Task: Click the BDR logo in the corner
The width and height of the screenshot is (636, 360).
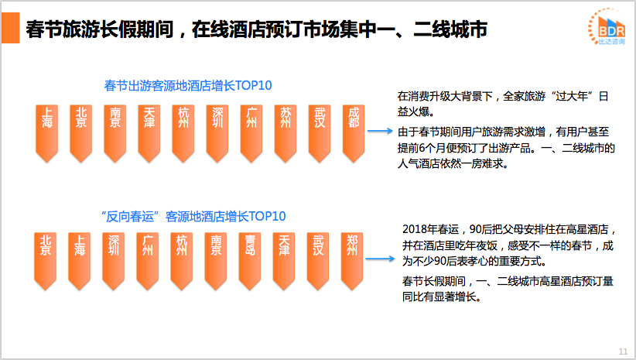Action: click(x=607, y=26)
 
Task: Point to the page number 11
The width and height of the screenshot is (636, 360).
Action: click(x=623, y=351)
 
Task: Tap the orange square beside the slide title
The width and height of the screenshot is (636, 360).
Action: click(x=10, y=28)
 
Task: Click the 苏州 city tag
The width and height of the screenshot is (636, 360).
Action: click(x=286, y=133)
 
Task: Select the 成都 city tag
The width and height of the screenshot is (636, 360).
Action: click(x=354, y=133)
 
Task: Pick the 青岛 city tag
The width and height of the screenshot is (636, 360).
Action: click(x=250, y=262)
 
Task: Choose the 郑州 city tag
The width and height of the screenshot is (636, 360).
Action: click(x=352, y=262)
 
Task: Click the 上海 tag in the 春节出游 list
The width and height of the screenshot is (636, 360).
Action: click(x=47, y=133)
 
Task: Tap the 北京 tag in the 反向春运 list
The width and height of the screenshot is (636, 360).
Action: click(x=46, y=262)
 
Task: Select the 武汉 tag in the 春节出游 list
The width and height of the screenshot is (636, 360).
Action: click(x=320, y=133)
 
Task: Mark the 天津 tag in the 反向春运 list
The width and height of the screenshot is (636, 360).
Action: click(x=284, y=262)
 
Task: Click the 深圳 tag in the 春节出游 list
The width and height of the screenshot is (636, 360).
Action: click(x=217, y=133)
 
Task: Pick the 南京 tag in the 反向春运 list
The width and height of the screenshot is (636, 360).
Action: click(x=216, y=262)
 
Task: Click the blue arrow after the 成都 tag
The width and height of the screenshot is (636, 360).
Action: click(x=380, y=131)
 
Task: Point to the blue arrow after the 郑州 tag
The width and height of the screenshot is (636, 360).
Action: click(x=380, y=259)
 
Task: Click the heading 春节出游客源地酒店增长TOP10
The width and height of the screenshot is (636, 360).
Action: click(x=188, y=86)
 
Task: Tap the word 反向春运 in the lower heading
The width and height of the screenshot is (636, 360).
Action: click(x=130, y=217)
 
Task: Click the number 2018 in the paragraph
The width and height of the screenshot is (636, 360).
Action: click(x=415, y=230)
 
